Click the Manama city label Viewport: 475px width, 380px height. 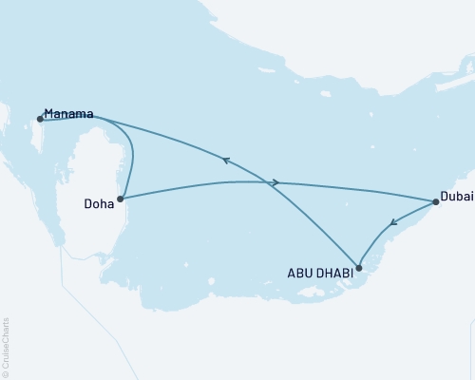click(69, 115)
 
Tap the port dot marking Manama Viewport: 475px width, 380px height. click(40, 119)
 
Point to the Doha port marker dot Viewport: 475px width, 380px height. click(120, 199)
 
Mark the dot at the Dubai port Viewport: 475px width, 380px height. click(435, 201)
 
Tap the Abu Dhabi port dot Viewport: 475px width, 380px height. click(358, 267)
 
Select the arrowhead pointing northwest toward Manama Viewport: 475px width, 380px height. click(226, 161)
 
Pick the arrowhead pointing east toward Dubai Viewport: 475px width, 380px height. click(275, 182)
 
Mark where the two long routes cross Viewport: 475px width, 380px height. click(269, 182)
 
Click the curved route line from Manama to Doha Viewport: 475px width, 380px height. click(130, 152)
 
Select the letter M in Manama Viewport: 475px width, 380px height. click(49, 115)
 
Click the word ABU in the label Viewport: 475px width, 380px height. click(299, 272)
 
